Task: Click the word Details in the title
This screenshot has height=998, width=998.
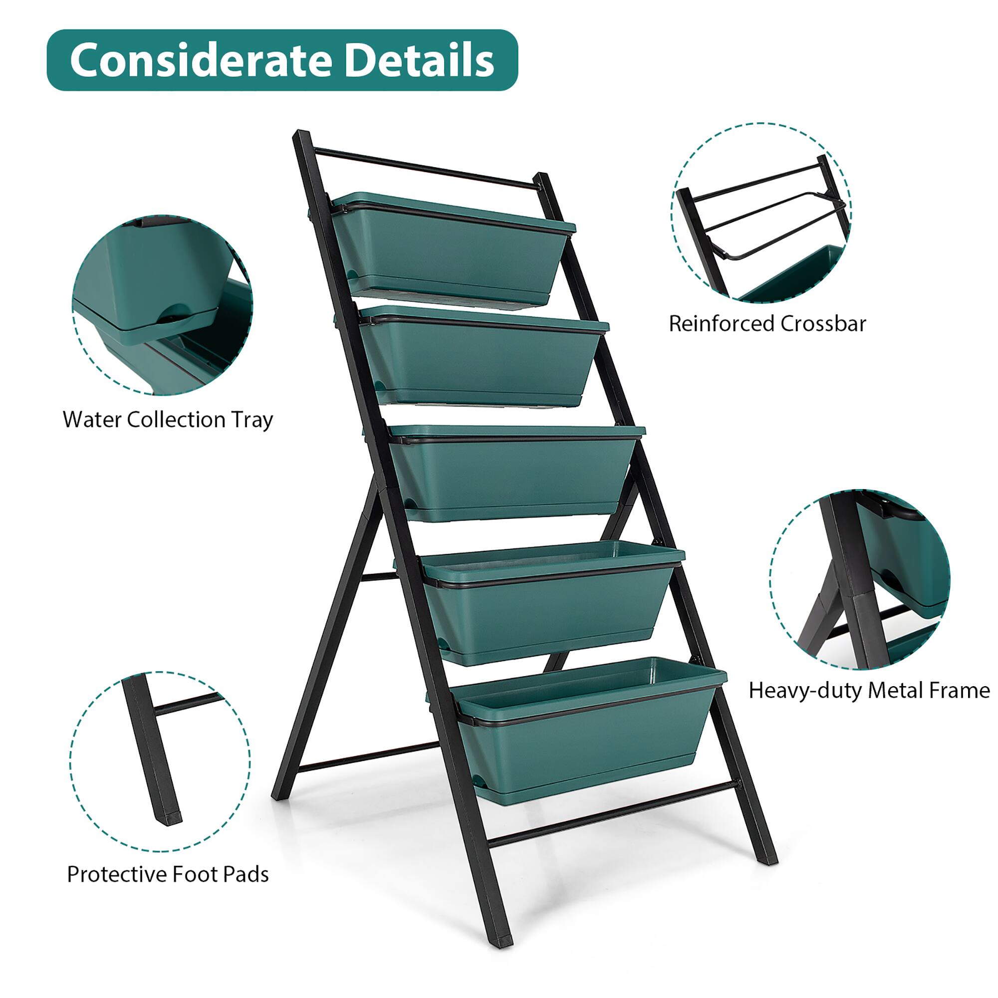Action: [x=419, y=60]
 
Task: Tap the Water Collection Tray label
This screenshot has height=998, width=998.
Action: [x=168, y=420]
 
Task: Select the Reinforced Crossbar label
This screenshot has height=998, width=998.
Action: [x=767, y=324]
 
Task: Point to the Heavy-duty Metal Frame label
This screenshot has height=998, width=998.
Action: [x=869, y=690]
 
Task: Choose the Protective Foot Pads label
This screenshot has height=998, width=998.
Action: [x=168, y=874]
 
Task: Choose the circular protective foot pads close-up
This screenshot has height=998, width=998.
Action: [x=160, y=761]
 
